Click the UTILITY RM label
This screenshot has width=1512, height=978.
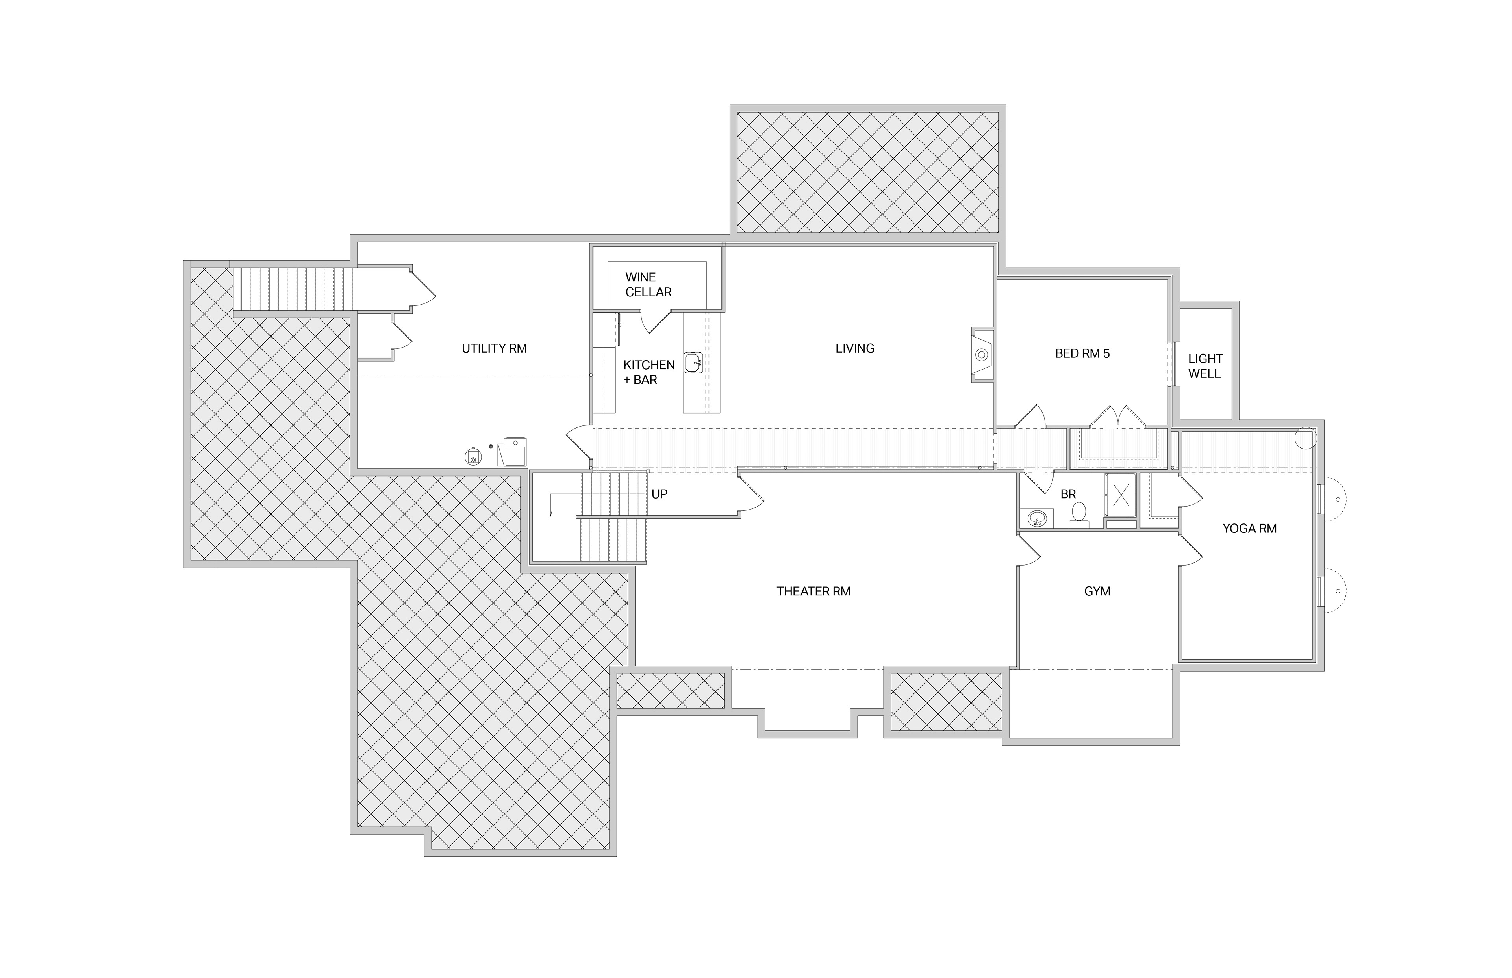[494, 349]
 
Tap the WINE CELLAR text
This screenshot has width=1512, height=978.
[648, 285]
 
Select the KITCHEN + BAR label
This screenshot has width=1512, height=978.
[649, 372]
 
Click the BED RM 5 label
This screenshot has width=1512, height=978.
[1082, 354]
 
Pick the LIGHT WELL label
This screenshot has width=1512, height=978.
[1205, 366]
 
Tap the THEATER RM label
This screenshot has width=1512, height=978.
[813, 591]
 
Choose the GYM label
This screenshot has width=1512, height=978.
[1097, 591]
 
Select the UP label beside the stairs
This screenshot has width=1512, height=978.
[660, 494]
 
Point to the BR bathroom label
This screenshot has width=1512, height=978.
[1068, 494]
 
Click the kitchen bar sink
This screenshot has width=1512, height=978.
[693, 362]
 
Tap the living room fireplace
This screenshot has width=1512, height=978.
[982, 355]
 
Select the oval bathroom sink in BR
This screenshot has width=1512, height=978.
[1037, 518]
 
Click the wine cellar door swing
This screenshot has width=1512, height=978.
[656, 321]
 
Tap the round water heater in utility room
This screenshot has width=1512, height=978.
[472, 456]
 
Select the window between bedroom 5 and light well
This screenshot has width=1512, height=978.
[1175, 364]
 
